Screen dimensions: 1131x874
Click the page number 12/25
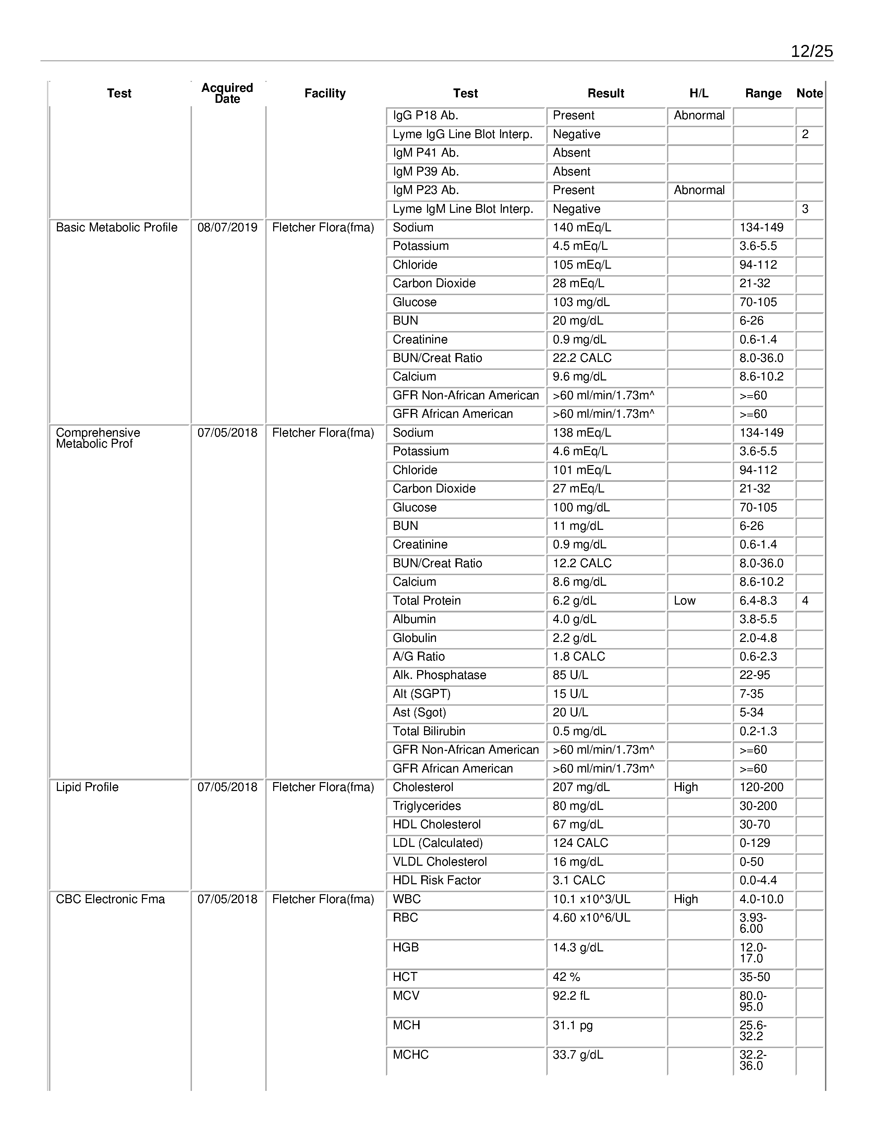[811, 51]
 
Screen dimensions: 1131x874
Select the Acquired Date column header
[227, 93]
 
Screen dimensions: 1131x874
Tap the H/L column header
[699, 93]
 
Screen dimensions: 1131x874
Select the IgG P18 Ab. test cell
[426, 115]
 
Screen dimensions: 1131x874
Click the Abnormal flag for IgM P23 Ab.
[699, 190]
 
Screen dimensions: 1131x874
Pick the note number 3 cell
[805, 209]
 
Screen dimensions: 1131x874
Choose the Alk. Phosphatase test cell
[439, 675]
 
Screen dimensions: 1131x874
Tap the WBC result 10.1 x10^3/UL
[591, 899]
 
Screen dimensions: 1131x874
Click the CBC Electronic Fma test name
[110, 899]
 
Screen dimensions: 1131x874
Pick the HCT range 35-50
[754, 977]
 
